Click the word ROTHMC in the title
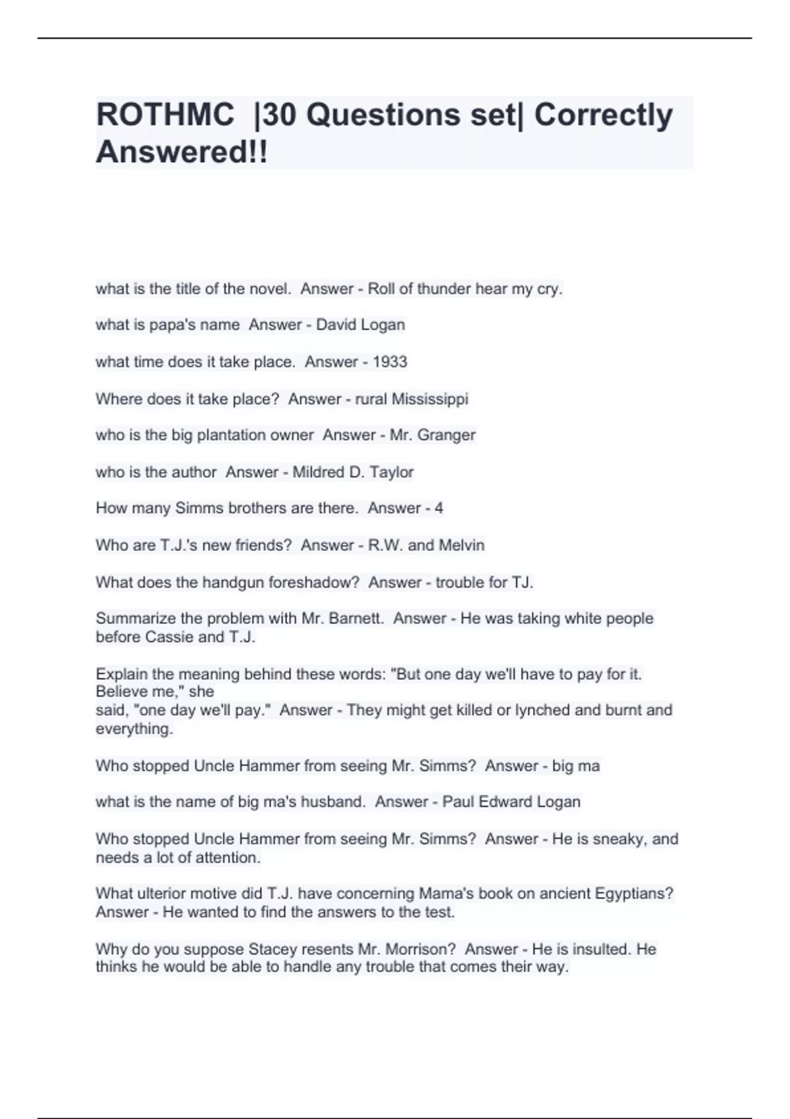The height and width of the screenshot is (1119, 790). [165, 115]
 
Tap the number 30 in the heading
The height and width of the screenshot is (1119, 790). [279, 115]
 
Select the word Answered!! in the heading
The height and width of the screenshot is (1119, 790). [182, 152]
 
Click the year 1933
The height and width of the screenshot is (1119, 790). [390, 362]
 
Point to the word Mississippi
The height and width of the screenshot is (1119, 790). [430, 400]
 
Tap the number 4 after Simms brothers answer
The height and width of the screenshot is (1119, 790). [438, 508]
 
